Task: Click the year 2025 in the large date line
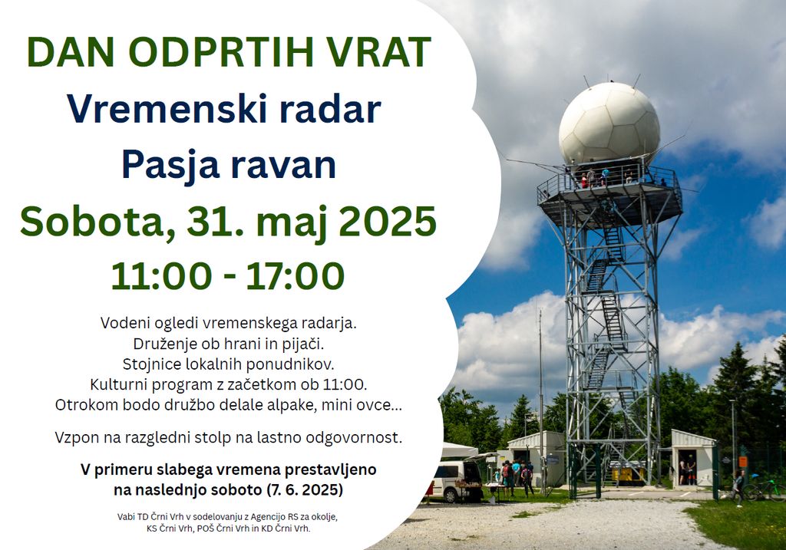pos(387,222)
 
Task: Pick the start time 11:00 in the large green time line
pos(161,276)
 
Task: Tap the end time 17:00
pos(296,276)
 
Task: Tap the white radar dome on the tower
pos(609,124)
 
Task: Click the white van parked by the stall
pos(455,481)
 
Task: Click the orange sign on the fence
pos(743,461)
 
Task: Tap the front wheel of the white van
pos(450,496)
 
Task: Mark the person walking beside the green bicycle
pos(738,488)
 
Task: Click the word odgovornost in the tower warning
pos(352,438)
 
